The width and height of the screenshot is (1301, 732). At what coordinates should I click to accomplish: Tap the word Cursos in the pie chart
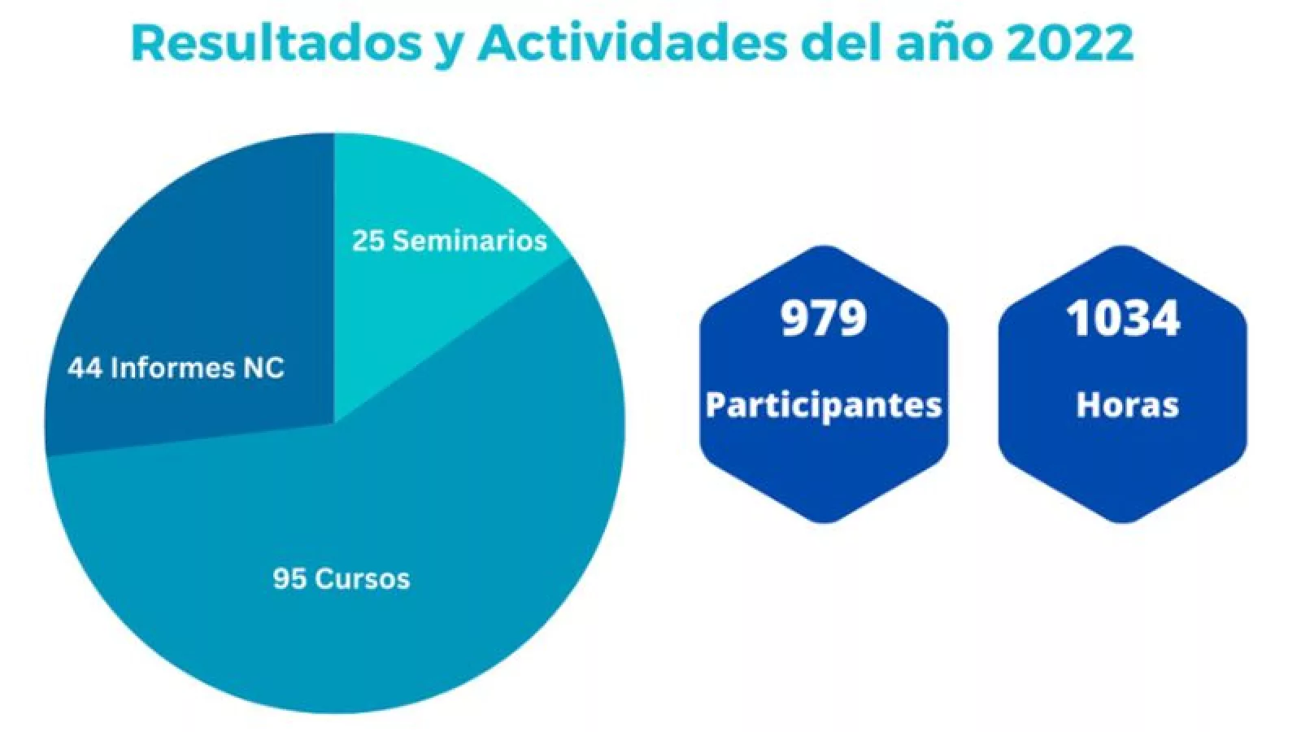pyautogui.click(x=362, y=579)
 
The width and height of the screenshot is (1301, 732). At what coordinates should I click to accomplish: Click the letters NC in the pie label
pyautogui.click(x=263, y=368)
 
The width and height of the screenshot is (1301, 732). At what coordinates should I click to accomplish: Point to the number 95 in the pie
pyautogui.click(x=289, y=579)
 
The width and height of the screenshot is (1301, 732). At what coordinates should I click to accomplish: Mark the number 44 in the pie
pyautogui.click(x=85, y=368)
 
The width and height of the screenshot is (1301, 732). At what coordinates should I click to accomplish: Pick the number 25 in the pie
pyautogui.click(x=368, y=241)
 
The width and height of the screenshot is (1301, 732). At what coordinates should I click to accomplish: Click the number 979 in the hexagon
pyautogui.click(x=824, y=318)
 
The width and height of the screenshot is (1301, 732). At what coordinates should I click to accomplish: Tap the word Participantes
pyautogui.click(x=824, y=405)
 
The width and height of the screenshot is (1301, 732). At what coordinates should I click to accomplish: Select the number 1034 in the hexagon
pyautogui.click(x=1123, y=318)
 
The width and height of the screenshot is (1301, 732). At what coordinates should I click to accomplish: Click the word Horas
pyautogui.click(x=1127, y=405)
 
